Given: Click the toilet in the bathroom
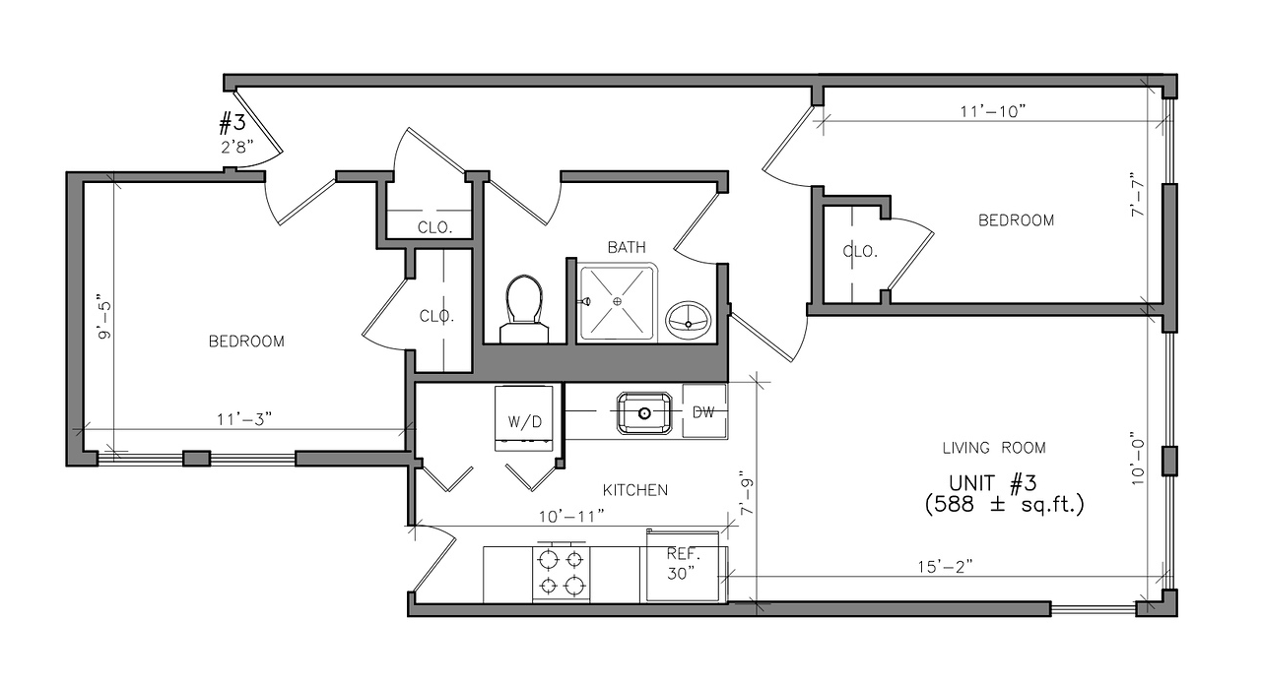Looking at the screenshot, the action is tap(524, 309).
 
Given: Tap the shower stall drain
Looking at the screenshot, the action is tap(618, 302).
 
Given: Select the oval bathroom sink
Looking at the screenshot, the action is tap(688, 320).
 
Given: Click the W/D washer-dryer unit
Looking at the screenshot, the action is tap(524, 418).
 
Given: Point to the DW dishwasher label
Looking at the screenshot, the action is tap(703, 412).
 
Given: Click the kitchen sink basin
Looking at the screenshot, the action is tap(644, 413).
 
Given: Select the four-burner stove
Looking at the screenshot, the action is tap(562, 573).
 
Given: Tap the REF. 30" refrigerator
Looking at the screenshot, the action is tap(684, 565).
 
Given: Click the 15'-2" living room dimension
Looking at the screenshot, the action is tap(945, 566).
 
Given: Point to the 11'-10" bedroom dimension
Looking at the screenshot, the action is tap(992, 111).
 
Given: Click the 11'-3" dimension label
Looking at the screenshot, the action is tap(244, 419).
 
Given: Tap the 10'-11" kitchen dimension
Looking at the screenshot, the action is tap(571, 516).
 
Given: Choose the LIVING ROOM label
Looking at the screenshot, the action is tap(994, 448).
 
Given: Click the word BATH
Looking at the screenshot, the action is tap(627, 247).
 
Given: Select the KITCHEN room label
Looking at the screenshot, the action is tap(635, 490).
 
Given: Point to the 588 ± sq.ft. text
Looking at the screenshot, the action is tap(1004, 504).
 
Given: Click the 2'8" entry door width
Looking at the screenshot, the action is tap(237, 147).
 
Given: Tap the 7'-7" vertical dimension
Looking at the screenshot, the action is tap(1138, 195).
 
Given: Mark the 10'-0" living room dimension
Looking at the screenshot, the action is tap(1138, 459).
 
